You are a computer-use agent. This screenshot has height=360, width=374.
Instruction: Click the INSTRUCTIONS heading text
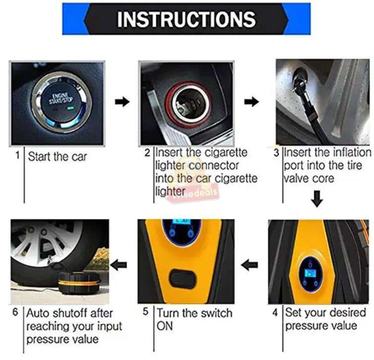pyautogui.click(x=186, y=19)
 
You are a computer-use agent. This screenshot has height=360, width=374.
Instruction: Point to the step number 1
pyautogui.click(x=17, y=155)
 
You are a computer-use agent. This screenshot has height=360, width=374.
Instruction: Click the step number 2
pyautogui.click(x=147, y=152)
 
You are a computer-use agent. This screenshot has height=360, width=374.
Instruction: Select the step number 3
pyautogui.click(x=276, y=152)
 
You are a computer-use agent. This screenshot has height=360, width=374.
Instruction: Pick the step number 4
pyautogui.click(x=276, y=313)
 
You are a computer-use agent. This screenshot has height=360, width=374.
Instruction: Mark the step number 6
pyautogui.click(x=16, y=313)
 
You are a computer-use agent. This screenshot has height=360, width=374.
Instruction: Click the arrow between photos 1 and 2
pyautogui.click(x=122, y=102)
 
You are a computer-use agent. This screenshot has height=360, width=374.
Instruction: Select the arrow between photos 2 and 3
pyautogui.click(x=252, y=102)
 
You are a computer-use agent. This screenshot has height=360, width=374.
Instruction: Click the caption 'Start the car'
pyautogui.click(x=57, y=157)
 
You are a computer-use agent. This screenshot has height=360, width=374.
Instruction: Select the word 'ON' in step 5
pyautogui.click(x=165, y=326)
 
